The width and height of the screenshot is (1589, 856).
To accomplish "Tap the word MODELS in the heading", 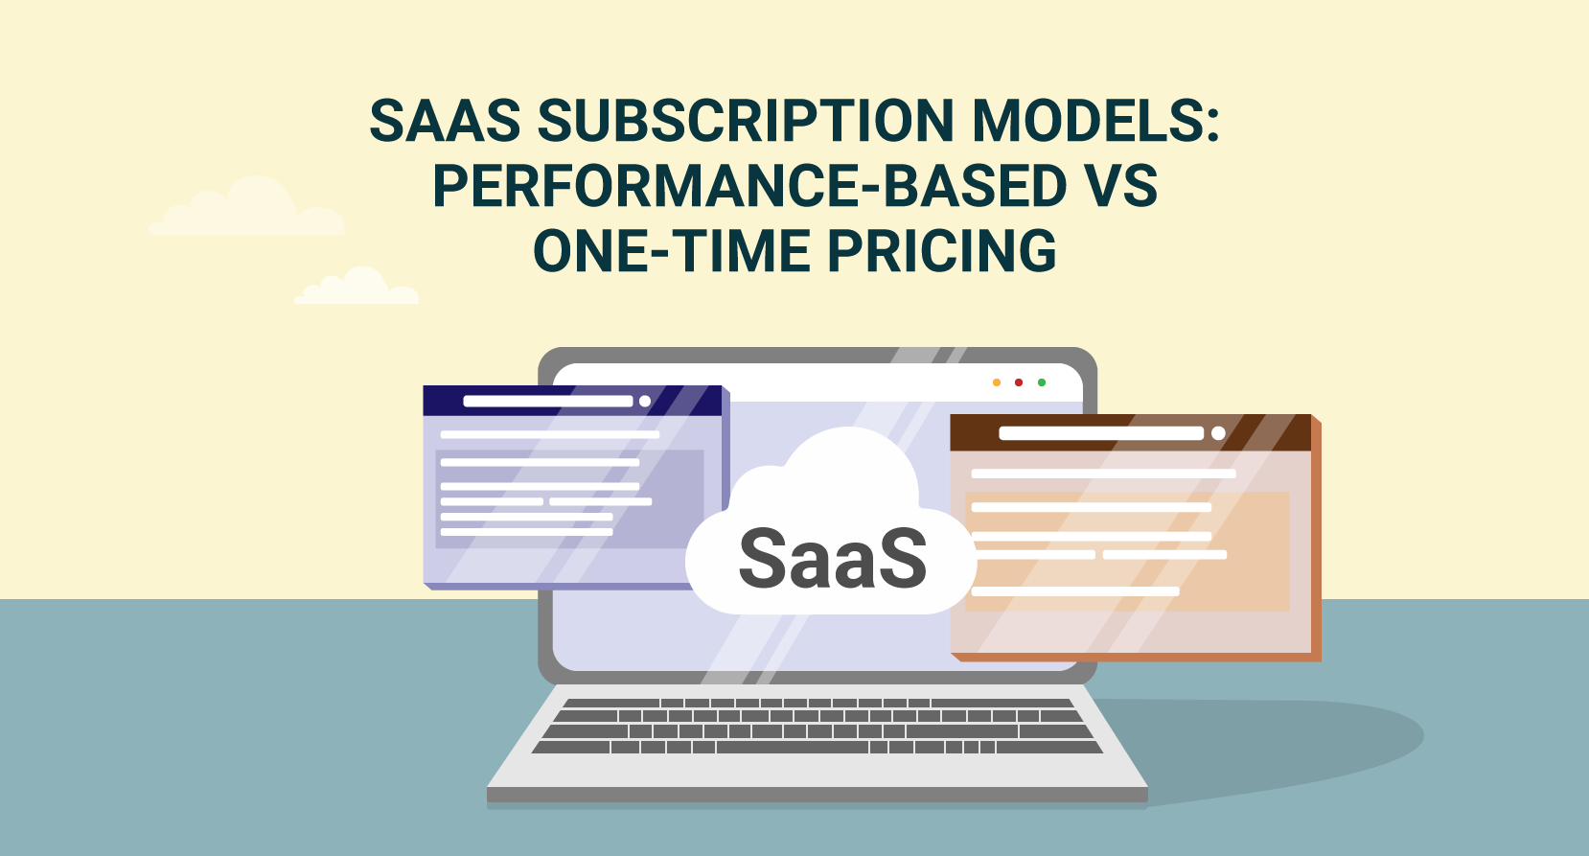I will point(1095,122).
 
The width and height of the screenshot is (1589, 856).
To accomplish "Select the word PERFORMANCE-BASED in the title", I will point(748,186).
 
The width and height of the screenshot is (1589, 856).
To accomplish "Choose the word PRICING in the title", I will point(941,251).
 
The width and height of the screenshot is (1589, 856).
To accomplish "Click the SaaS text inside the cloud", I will point(832,559).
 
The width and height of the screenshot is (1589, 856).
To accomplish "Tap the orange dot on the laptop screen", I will point(997,382).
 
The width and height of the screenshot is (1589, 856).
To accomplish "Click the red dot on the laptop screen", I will point(1019,382).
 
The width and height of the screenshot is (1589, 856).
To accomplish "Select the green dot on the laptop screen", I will point(1042,382).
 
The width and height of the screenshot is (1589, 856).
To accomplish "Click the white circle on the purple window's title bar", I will point(645,401).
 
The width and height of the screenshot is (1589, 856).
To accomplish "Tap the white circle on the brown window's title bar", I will point(1218,433).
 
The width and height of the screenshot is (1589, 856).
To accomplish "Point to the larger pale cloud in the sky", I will point(248,210).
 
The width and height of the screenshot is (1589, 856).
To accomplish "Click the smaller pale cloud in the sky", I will point(357,289).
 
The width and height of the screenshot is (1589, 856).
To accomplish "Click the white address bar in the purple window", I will point(547,401).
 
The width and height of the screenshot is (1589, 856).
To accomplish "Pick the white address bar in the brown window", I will point(1100,433).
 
